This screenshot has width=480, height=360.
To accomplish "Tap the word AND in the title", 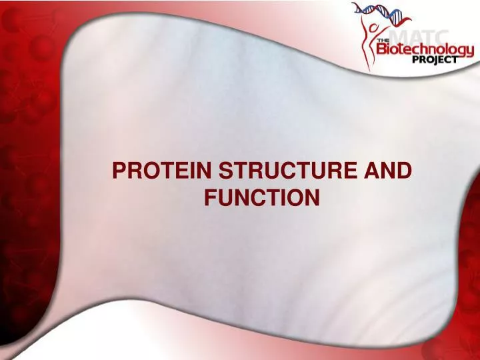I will point(388,171).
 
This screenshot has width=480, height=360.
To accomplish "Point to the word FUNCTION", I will point(261,197).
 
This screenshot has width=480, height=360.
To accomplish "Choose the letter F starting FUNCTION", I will point(209,197).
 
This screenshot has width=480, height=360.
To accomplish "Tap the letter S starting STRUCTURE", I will point(225,171).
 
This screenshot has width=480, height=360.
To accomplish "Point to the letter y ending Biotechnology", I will point(470,51).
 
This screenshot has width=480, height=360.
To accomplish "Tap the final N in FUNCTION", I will point(313,197).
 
